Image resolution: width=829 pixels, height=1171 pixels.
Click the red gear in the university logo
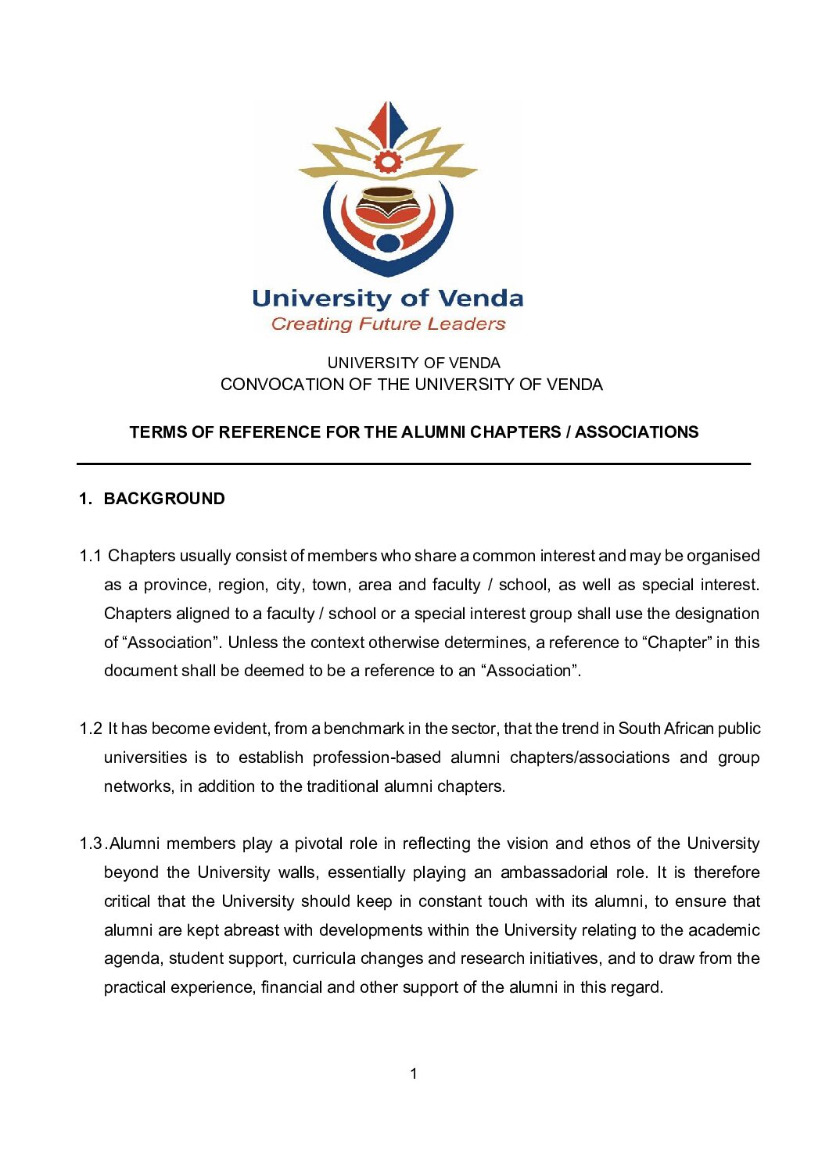387,162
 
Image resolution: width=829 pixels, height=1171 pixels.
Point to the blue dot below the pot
388,243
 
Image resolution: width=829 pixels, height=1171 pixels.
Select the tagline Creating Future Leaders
388,324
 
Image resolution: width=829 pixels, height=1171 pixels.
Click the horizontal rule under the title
413,464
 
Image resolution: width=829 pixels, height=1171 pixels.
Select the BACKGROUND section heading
164,499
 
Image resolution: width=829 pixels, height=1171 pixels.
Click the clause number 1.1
90,556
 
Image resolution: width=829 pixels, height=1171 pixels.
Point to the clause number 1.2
90,729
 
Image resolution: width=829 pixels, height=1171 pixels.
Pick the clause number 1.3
91,843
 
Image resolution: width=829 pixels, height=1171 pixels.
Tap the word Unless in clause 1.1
253,643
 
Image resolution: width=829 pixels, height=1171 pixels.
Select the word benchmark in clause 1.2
364,729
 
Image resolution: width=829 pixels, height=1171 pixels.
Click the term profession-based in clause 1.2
376,757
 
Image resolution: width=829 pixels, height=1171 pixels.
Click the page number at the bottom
414,1073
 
